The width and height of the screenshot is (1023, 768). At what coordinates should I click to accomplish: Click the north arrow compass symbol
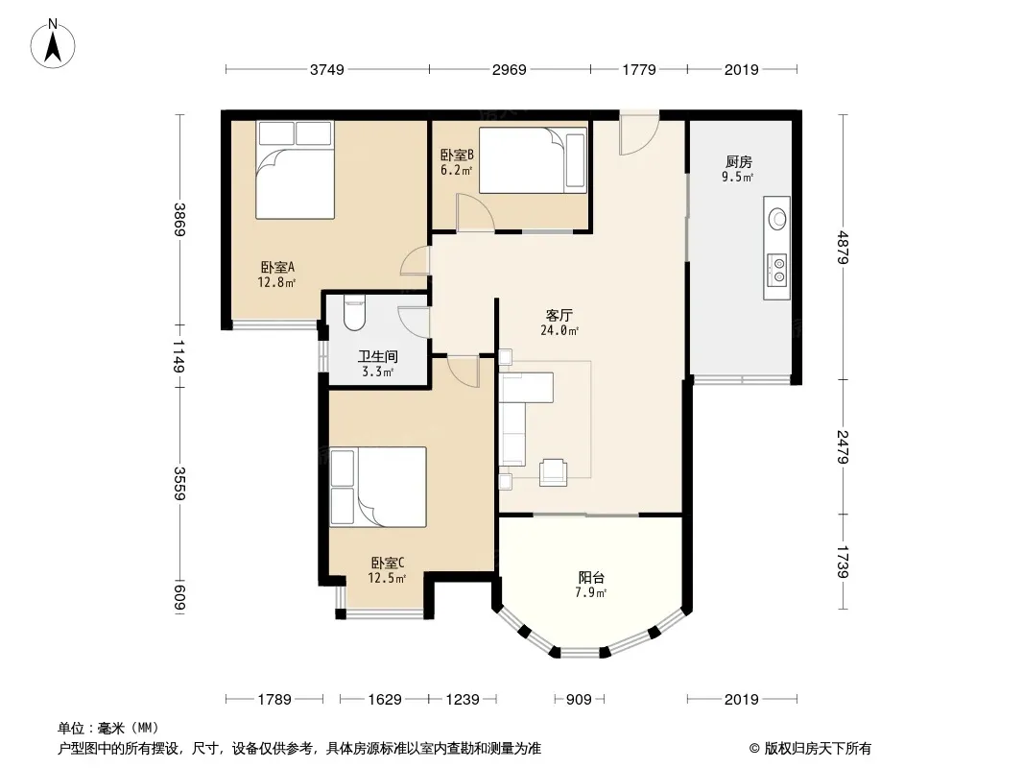point(53,44)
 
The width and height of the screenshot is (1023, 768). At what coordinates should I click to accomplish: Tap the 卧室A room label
point(277,267)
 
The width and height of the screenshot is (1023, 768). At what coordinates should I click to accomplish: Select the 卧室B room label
point(456,156)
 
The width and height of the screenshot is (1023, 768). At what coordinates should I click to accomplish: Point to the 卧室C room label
point(388,563)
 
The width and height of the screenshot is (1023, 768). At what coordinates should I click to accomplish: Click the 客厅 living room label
point(559,315)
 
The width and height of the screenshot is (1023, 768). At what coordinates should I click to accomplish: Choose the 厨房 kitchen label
point(738,162)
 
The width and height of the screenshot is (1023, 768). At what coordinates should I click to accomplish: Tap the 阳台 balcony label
point(591,578)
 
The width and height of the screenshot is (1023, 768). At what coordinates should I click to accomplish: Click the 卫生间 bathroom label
point(378,356)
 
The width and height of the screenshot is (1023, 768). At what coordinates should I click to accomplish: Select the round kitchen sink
point(777,219)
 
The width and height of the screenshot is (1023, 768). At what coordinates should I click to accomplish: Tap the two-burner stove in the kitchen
point(777,270)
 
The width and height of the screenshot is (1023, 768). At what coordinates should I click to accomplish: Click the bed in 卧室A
point(295,170)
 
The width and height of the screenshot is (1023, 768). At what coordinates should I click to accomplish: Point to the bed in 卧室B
point(533,160)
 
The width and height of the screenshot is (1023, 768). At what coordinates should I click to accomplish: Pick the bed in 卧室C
point(378,487)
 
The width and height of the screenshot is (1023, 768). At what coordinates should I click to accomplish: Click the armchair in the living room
point(554,471)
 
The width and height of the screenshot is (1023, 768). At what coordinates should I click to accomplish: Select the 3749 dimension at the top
point(327,69)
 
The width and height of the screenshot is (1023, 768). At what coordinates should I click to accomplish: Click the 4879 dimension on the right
point(843,248)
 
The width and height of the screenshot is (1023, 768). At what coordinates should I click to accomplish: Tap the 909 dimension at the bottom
point(579,700)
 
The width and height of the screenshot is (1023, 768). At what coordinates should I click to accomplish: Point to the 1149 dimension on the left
point(178,356)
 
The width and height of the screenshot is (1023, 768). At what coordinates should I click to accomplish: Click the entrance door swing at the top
point(639,135)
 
